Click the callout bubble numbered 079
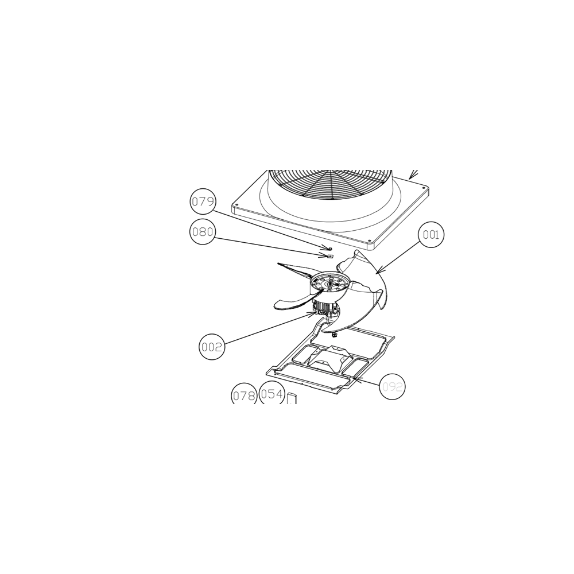coord(203,201)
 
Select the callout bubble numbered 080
coord(203,232)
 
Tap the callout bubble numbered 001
coord(431,235)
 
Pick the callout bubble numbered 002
coord(212,347)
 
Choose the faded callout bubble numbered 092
coord(392,386)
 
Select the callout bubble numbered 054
coord(272,393)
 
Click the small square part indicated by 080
coord(329,256)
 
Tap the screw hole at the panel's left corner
coord(236,205)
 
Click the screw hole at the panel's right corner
coord(424,188)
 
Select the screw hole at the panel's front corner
coord(369,241)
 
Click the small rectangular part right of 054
coord(292,398)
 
